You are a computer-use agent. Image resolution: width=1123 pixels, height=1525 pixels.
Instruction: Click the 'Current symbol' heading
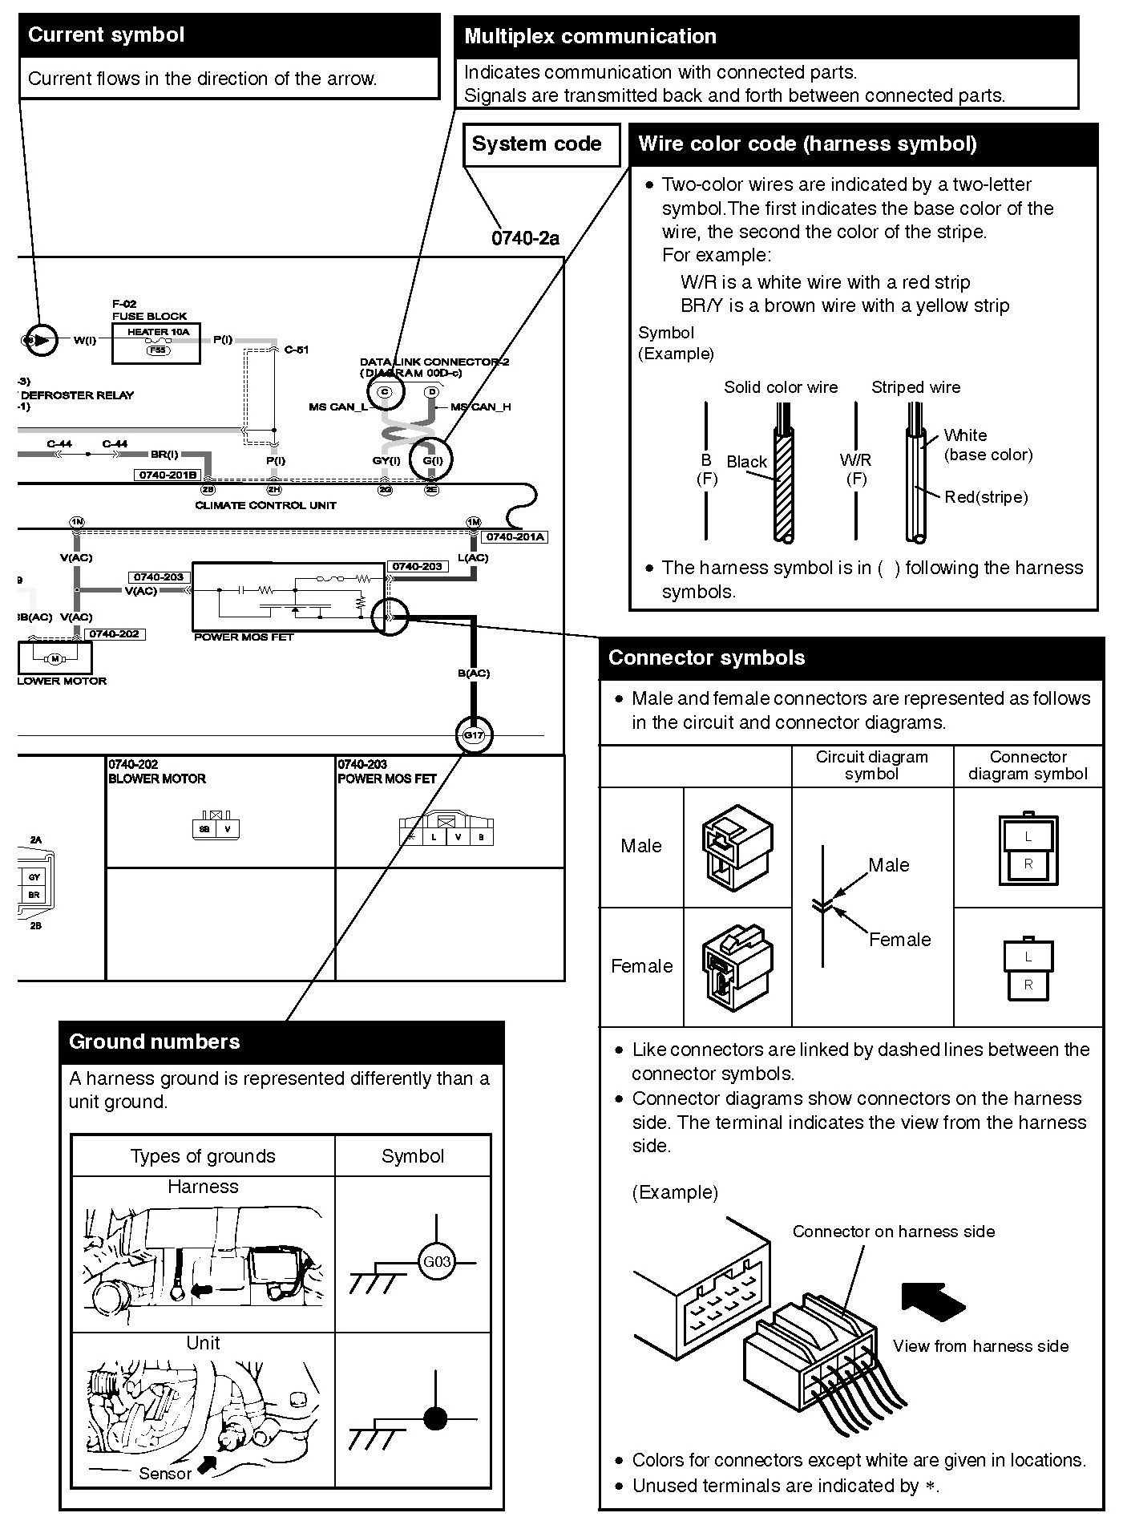coord(106,35)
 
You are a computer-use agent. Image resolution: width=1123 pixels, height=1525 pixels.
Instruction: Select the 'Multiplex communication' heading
coord(590,37)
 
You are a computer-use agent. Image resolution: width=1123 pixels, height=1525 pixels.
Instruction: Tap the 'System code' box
coord(537,144)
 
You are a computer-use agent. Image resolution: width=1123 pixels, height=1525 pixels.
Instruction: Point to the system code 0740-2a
coord(525,238)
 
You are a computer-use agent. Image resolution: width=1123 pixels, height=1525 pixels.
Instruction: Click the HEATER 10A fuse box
coord(157,342)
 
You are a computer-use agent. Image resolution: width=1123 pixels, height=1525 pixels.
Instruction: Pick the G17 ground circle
coord(473,735)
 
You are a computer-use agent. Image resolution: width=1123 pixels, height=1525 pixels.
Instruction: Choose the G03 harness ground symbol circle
coord(436,1262)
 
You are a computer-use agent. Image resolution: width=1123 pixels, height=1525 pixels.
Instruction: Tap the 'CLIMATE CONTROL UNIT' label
coord(265,506)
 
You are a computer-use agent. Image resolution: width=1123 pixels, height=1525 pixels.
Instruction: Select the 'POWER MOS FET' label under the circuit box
coord(244,637)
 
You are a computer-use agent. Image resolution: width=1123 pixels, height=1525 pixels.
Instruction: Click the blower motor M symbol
coord(55,659)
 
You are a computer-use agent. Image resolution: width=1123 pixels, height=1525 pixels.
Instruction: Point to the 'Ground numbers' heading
coord(155,1042)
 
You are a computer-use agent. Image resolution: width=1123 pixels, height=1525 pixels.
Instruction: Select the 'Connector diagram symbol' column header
coord(1028,765)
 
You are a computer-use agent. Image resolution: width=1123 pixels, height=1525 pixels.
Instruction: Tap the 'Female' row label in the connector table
coord(641,966)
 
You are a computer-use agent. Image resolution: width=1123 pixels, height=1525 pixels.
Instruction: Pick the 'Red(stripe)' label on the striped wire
coord(985,497)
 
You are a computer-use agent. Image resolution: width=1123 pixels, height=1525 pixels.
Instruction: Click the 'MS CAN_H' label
coord(481,407)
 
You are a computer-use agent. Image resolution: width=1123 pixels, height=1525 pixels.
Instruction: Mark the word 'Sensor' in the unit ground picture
coord(165,1473)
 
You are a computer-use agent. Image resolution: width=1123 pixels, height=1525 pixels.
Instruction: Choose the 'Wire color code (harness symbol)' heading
coord(807,144)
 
